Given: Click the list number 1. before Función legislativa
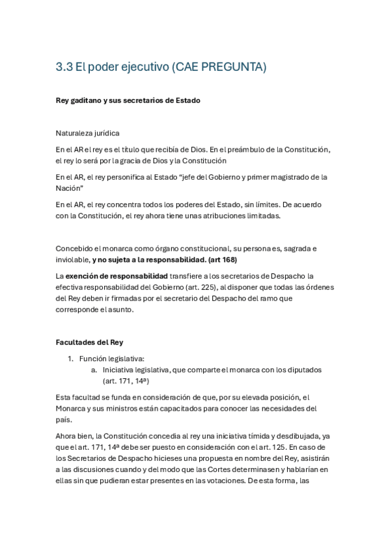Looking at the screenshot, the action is [x=71, y=358].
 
